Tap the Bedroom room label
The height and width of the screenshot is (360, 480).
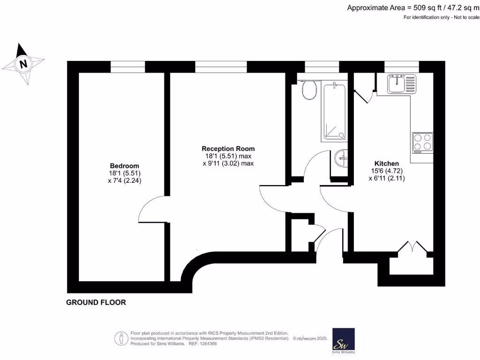[124, 166]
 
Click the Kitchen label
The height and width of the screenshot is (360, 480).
[387, 164]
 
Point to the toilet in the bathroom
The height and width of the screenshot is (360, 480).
[309, 90]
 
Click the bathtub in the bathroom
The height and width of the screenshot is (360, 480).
[334, 112]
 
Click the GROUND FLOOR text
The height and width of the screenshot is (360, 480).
[96, 302]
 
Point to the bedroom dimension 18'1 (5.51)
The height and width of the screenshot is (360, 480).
[124, 173]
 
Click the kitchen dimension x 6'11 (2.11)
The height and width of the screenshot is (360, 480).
[387, 179]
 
